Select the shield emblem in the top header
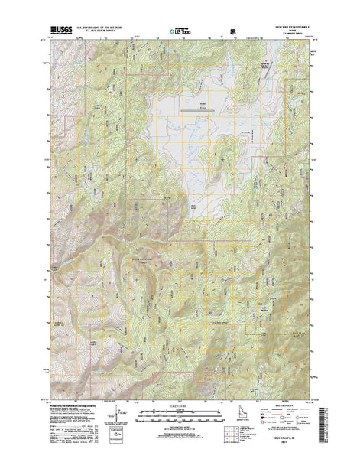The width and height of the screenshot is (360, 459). tap(222, 32)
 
